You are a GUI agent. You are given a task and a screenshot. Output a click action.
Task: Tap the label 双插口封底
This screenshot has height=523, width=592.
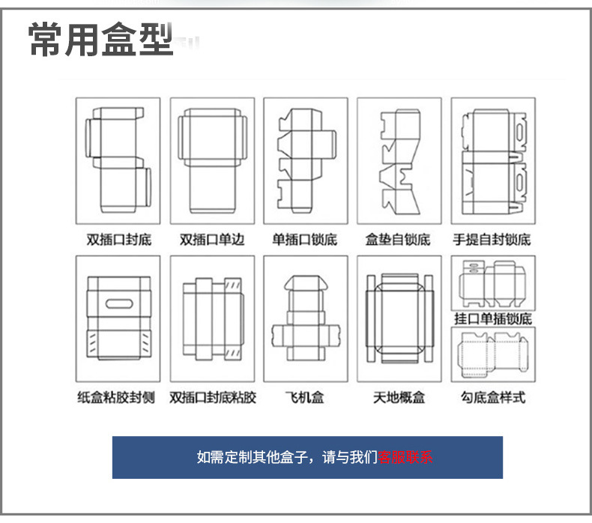click(x=118, y=240)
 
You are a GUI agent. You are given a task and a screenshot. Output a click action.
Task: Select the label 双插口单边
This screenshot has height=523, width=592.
click(x=212, y=240)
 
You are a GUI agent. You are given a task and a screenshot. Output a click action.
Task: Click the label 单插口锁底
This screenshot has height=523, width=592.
click(x=304, y=240)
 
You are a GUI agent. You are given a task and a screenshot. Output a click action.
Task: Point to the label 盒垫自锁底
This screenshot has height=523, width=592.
click(x=398, y=240)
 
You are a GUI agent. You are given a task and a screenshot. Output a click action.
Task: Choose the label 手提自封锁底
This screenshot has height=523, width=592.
click(x=492, y=240)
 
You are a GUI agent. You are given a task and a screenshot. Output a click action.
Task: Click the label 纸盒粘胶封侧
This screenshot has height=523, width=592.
click(x=117, y=397)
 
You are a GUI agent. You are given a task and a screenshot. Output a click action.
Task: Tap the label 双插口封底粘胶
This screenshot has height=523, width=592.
click(x=212, y=397)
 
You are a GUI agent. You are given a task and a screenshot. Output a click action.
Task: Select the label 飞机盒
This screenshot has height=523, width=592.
click(x=304, y=397)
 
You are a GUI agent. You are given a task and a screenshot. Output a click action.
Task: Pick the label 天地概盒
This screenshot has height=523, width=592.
click(x=399, y=397)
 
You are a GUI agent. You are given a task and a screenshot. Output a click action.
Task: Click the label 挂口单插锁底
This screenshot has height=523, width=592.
click(x=492, y=318)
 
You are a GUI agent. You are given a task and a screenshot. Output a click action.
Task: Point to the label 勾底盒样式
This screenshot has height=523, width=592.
click(x=492, y=397)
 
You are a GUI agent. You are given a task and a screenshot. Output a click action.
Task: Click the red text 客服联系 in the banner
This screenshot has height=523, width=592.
click(x=405, y=456)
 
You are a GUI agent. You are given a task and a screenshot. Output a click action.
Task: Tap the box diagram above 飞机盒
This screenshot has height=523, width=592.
click(x=304, y=318)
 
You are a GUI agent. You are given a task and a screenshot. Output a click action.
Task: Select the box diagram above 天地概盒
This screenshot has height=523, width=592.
click(x=399, y=318)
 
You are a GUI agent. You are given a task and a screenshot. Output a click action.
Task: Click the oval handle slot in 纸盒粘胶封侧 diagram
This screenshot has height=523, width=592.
click(x=117, y=304)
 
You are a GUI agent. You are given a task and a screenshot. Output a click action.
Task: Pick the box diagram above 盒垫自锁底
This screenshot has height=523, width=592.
click(x=399, y=160)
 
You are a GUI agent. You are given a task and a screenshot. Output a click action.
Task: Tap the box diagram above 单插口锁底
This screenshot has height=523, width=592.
click(x=304, y=160)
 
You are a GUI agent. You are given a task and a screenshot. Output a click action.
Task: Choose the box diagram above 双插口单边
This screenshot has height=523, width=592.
click(x=211, y=160)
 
